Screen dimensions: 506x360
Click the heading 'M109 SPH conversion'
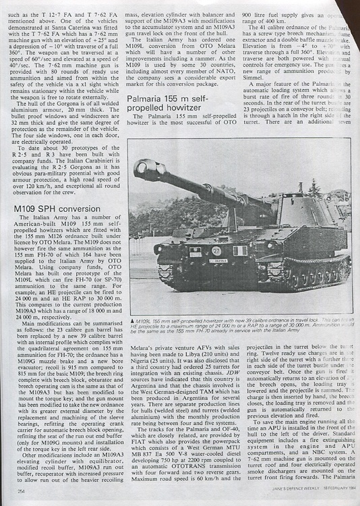click(x=57, y=209)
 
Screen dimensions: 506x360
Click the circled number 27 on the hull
click(x=216, y=251)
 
